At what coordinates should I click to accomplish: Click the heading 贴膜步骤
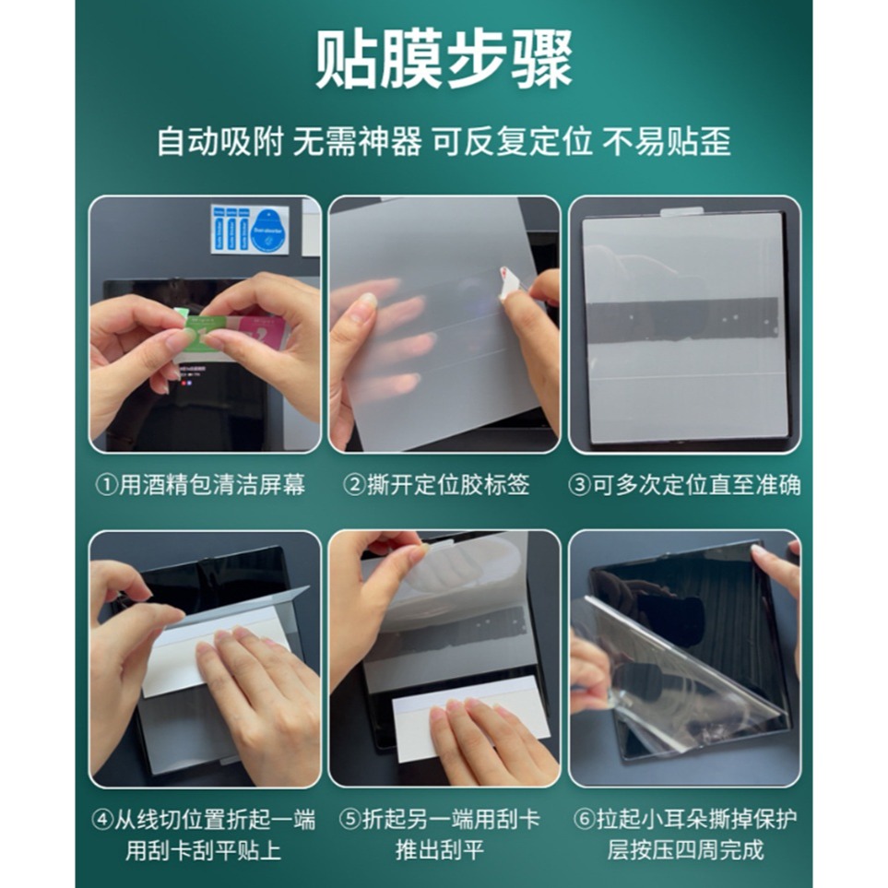(x=444, y=62)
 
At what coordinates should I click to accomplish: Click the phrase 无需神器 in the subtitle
(x=357, y=142)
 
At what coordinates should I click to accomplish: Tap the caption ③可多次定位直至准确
(x=684, y=485)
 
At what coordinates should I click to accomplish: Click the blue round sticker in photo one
(x=269, y=231)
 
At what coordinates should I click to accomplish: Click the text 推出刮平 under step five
(x=440, y=849)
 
